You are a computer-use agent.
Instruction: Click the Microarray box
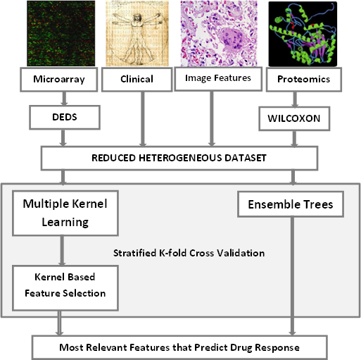click(58, 80)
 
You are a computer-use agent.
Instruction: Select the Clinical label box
click(137, 80)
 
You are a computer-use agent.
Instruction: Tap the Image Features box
click(218, 79)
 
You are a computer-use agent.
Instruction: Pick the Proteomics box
click(304, 80)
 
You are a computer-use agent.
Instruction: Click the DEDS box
click(65, 117)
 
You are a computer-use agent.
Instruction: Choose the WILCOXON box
click(294, 118)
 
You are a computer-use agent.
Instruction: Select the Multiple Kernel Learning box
click(65, 213)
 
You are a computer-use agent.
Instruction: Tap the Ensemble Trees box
click(291, 204)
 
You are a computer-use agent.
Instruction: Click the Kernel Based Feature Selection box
click(65, 288)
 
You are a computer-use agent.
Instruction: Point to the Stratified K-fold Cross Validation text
click(189, 253)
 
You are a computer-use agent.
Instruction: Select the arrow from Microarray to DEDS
click(64, 99)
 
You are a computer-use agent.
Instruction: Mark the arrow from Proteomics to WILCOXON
click(295, 99)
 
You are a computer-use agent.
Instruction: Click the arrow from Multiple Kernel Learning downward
click(62, 251)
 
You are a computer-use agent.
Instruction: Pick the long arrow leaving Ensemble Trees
click(292, 276)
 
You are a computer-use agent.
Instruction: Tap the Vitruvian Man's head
click(138, 17)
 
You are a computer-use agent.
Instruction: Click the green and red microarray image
click(61, 33)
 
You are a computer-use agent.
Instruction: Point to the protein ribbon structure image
click(303, 34)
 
